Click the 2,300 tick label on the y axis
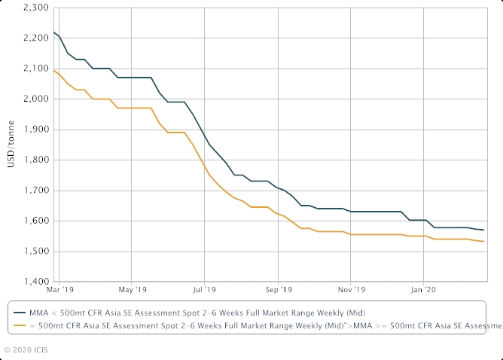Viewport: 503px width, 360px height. pyautogui.click(x=38, y=8)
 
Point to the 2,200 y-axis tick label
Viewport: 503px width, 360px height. pyautogui.click(x=38, y=38)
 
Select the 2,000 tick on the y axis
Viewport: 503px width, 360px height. pyautogui.click(x=38, y=99)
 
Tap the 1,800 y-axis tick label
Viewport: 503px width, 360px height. pyautogui.click(x=38, y=160)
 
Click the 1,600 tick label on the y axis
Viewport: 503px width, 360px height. pyautogui.click(x=38, y=221)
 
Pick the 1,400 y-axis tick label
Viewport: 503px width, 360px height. pyautogui.click(x=38, y=282)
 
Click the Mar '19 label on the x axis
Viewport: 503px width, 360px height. pyautogui.click(x=59, y=288)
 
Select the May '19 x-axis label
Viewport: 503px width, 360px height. pyautogui.click(x=131, y=288)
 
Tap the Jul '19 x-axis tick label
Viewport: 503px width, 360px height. pyautogui.click(x=204, y=288)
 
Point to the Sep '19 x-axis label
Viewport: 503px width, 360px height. pyautogui.click(x=278, y=288)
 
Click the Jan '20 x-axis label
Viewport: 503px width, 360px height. pyautogui.click(x=424, y=288)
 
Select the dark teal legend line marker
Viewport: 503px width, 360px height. pyautogui.click(x=18, y=311)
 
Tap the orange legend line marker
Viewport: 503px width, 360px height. pyautogui.click(x=18, y=325)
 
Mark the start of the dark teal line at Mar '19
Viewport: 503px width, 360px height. pyautogui.click(x=54, y=32)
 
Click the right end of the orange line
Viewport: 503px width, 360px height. pyautogui.click(x=483, y=241)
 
